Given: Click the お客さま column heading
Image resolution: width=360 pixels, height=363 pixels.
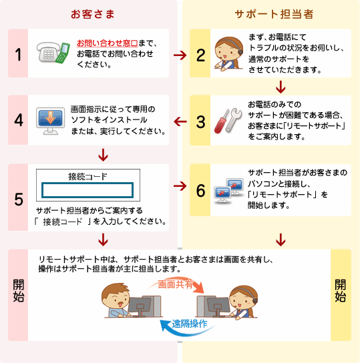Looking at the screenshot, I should click(89, 14).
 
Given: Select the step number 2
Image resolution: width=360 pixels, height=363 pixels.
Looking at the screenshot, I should click(200, 53).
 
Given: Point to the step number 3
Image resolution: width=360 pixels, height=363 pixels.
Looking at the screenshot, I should click(200, 121).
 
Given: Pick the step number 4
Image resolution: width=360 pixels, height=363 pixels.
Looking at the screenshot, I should click(19, 121).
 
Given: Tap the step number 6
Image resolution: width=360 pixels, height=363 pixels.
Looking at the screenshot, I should click(200, 190).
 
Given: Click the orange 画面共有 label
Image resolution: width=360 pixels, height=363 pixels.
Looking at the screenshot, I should click(176, 284).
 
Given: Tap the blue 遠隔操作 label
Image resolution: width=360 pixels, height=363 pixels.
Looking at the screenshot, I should click(189, 324).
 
